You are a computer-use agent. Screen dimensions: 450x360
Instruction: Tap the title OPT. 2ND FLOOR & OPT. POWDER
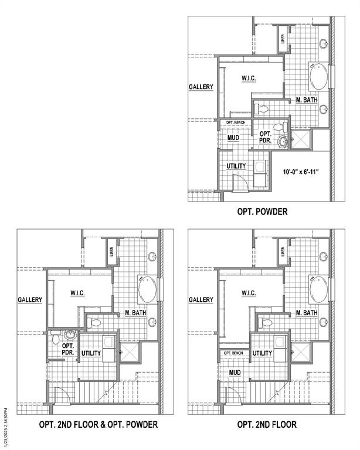pos(99,424)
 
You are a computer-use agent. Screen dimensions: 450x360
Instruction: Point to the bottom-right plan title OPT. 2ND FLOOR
pos(267,424)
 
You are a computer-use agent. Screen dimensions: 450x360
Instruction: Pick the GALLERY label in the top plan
pos(201,87)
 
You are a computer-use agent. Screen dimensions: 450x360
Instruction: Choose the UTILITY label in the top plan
pos(236,166)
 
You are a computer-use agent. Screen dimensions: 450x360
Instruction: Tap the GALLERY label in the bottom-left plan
pos(30,300)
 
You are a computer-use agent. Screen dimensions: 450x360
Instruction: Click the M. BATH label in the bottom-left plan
pos(136,313)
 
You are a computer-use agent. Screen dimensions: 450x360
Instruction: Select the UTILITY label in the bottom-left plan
pos(92,353)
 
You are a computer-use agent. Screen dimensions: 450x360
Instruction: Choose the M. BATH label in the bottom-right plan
pos(307,313)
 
